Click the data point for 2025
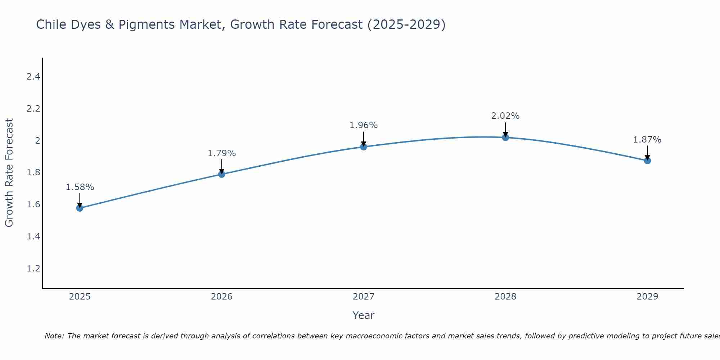pyautogui.click(x=80, y=208)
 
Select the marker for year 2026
pyautogui.click(x=222, y=174)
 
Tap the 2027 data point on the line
pyautogui.click(x=364, y=147)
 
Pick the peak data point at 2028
pyautogui.click(x=505, y=138)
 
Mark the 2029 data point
pyautogui.click(x=647, y=161)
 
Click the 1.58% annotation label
pyautogui.click(x=80, y=187)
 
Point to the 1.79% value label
pyautogui.click(x=222, y=153)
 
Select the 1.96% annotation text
pyautogui.click(x=364, y=125)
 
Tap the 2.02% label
pyautogui.click(x=505, y=116)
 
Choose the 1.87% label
pyautogui.click(x=647, y=140)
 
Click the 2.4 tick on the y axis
pyautogui.click(x=33, y=77)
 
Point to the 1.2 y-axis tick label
pyautogui.click(x=33, y=269)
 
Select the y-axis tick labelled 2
pyautogui.click(x=37, y=140)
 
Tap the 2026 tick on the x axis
pyautogui.click(x=222, y=297)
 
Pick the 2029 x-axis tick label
pyautogui.click(x=647, y=297)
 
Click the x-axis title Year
pyautogui.click(x=364, y=315)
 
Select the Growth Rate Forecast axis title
pyautogui.click(x=9, y=173)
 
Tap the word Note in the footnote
pyautogui.click(x=54, y=336)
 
